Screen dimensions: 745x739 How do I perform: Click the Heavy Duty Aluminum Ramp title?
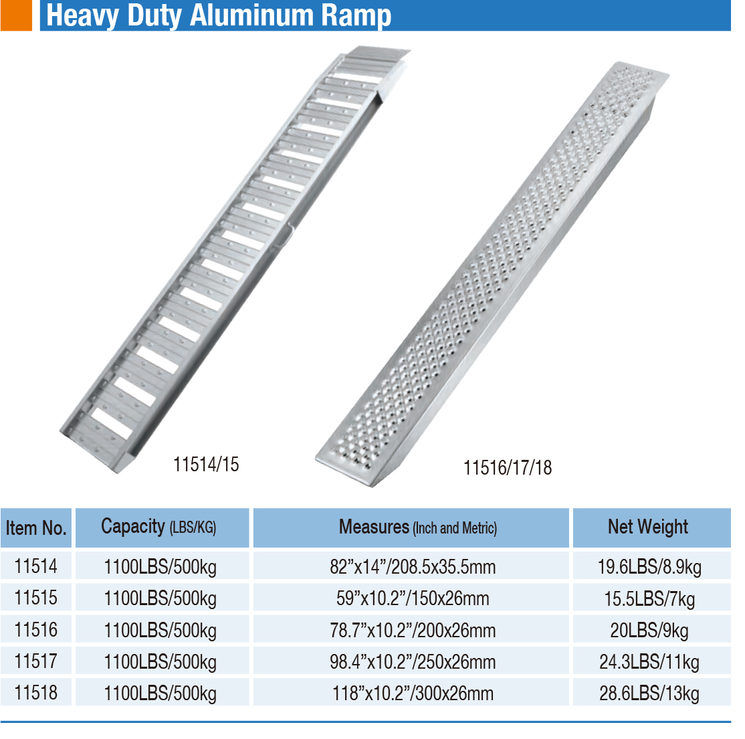click(219, 15)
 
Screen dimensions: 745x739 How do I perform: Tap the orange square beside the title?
click(16, 15)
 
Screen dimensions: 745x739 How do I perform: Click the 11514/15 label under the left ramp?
click(206, 465)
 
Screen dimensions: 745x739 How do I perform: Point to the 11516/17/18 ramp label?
click(508, 468)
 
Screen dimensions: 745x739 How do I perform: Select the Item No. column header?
click(36, 528)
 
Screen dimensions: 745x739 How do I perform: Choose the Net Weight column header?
click(648, 527)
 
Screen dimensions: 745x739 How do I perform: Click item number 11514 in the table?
click(35, 566)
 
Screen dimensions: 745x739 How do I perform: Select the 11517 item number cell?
click(35, 661)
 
